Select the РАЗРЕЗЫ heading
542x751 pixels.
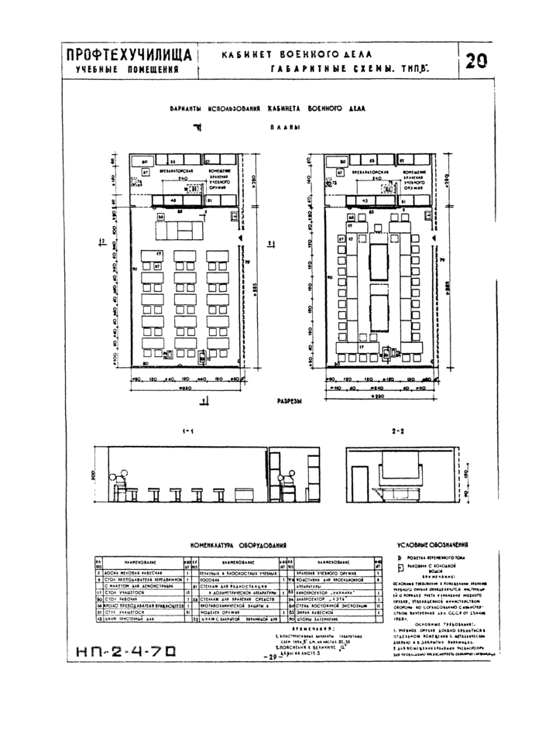289,402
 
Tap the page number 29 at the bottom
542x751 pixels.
271,634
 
